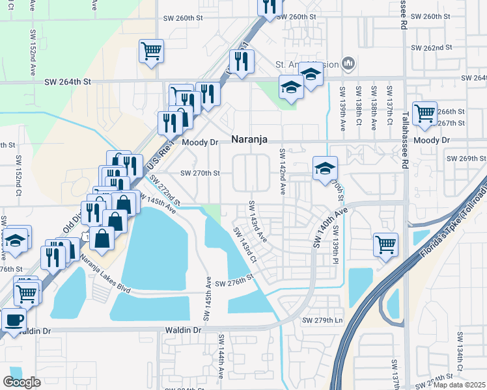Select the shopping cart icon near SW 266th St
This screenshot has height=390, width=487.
click(x=424, y=112)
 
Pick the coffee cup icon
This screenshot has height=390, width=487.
click(x=13, y=319)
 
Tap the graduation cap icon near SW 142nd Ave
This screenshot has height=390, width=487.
click(x=324, y=168)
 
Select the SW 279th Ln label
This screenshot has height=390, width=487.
click(x=322, y=320)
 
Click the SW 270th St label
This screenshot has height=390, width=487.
click(x=201, y=174)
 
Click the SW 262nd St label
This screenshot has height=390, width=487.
click(x=432, y=47)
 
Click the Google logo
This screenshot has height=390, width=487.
click(x=22, y=382)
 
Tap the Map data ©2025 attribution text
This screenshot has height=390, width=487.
click(x=459, y=385)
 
